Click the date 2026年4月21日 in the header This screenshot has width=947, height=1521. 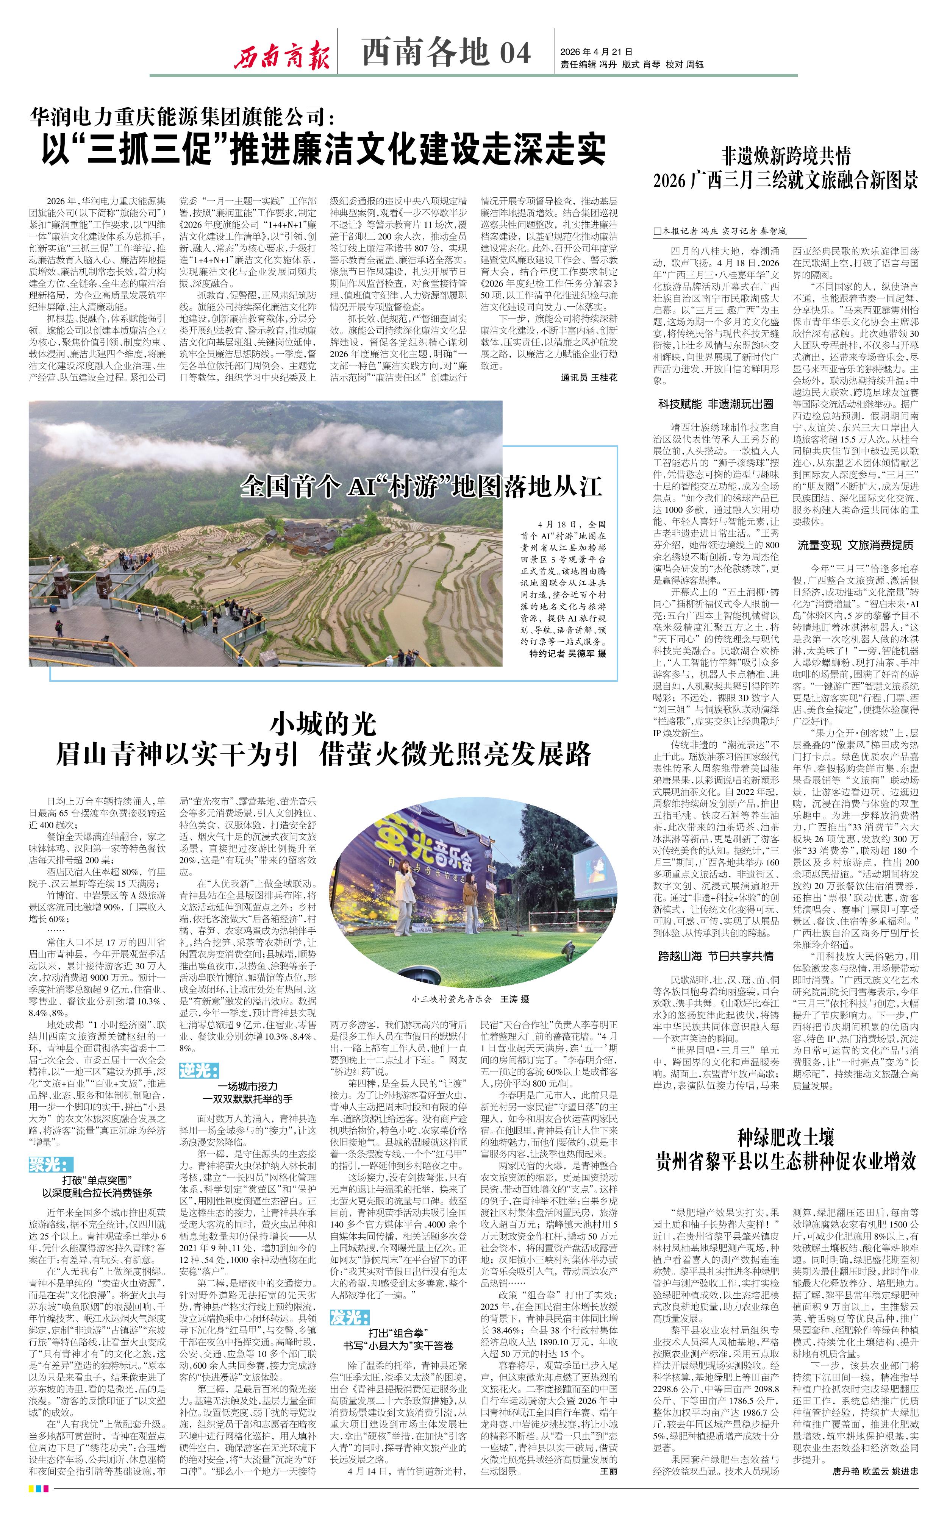tap(596, 52)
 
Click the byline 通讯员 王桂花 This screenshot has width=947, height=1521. tap(589, 378)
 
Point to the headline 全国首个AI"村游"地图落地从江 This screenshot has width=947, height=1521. tap(421, 486)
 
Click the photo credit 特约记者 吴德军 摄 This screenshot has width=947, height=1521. tap(567, 653)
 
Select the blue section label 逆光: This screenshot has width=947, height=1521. tap(198, 1070)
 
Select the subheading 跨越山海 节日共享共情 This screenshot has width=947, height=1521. tap(715, 956)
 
